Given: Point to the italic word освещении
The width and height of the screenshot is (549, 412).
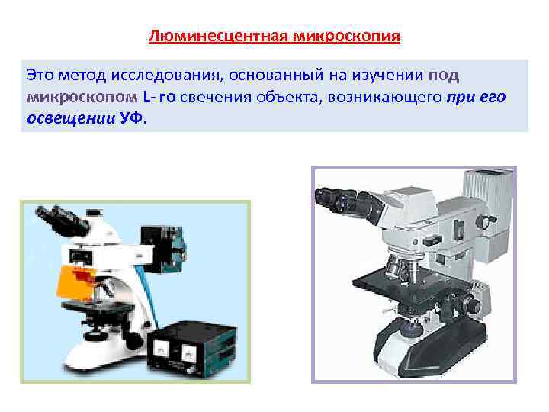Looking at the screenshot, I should point(69,120).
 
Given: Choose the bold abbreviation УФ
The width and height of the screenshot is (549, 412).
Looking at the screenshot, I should point(133,120).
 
